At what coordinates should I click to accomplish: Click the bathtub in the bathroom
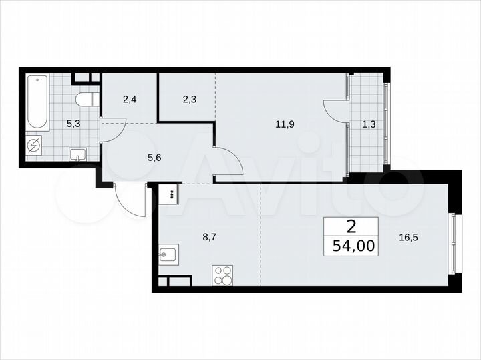(x=37, y=104)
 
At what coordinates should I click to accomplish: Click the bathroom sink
(x=78, y=155)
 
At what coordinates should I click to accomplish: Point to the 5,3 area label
(x=74, y=123)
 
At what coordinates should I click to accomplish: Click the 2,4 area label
(x=130, y=100)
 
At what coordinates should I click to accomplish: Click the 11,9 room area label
(x=284, y=123)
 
